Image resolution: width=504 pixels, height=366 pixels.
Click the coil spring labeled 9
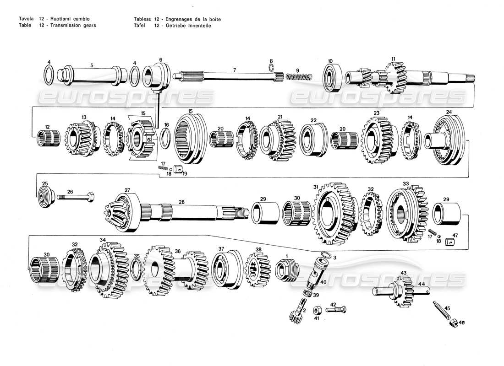[299, 76]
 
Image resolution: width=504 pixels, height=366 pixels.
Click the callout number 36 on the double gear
[177, 251]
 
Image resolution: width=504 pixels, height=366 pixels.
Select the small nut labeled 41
[317, 311]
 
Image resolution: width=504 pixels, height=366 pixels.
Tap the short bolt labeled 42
[337, 310]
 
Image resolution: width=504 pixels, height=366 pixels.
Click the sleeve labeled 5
[92, 75]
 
